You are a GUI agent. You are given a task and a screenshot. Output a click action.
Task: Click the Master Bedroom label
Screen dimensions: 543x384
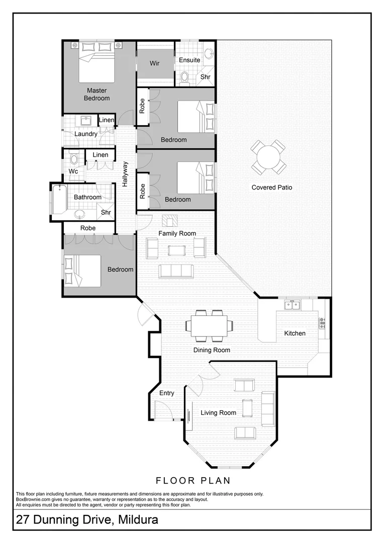pos(97,94)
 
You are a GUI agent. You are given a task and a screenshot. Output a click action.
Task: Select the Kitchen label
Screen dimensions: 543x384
pos(295,333)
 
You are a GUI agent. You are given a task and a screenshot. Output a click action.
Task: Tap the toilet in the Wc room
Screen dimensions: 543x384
pos(74,159)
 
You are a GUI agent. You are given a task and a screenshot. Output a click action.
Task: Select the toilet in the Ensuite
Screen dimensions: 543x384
pos(184,77)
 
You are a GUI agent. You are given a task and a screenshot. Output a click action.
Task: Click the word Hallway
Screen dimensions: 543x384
pos(125,174)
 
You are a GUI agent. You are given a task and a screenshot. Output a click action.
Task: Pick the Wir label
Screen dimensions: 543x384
pos(155,64)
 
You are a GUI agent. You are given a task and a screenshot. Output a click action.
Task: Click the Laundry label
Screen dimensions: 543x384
pos(86,134)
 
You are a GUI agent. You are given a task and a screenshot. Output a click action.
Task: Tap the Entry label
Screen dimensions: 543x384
pos(166,393)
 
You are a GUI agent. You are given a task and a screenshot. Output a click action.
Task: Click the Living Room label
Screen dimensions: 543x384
pos(218,413)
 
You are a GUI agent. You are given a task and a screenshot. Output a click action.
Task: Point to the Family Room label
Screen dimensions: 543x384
pos(177,233)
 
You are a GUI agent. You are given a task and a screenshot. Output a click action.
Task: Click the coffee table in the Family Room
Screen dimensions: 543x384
pos(177,250)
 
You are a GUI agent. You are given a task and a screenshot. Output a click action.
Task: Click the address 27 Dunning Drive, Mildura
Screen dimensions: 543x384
pos(87,519)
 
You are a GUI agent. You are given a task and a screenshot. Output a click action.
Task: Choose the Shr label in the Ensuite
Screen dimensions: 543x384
pos(206,77)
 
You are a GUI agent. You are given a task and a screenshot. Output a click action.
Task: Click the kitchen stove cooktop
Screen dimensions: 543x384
pos(322,320)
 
